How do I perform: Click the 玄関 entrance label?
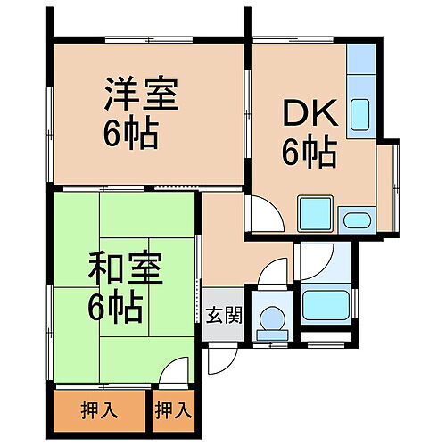point(223,315)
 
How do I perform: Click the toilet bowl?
point(271,317)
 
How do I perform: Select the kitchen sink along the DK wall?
point(362,113)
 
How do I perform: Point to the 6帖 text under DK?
point(309,153)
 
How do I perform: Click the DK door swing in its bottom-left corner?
point(263,214)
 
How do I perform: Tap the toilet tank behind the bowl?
point(271,334)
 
